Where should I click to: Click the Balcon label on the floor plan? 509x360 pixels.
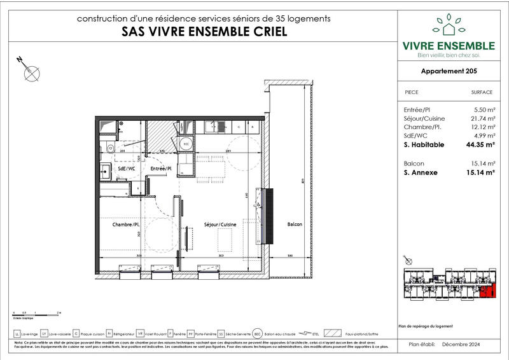tap(294, 225)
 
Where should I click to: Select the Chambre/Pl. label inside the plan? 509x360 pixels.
tap(127, 225)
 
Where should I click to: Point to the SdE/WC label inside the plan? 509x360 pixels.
tap(126, 169)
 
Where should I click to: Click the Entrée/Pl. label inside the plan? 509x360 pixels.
tap(162, 168)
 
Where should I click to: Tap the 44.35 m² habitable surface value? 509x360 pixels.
tap(480, 145)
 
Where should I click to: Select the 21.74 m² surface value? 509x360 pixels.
tap(481, 119)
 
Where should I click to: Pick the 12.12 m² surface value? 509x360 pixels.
tap(481, 128)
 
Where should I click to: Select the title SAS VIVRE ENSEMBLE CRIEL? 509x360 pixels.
tap(203, 31)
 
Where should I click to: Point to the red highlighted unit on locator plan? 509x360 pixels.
tap(489, 292)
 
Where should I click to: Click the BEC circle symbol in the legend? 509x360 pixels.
tap(258, 333)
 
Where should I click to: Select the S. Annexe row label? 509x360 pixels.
tap(421, 172)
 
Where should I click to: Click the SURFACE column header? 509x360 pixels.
tap(482, 92)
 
